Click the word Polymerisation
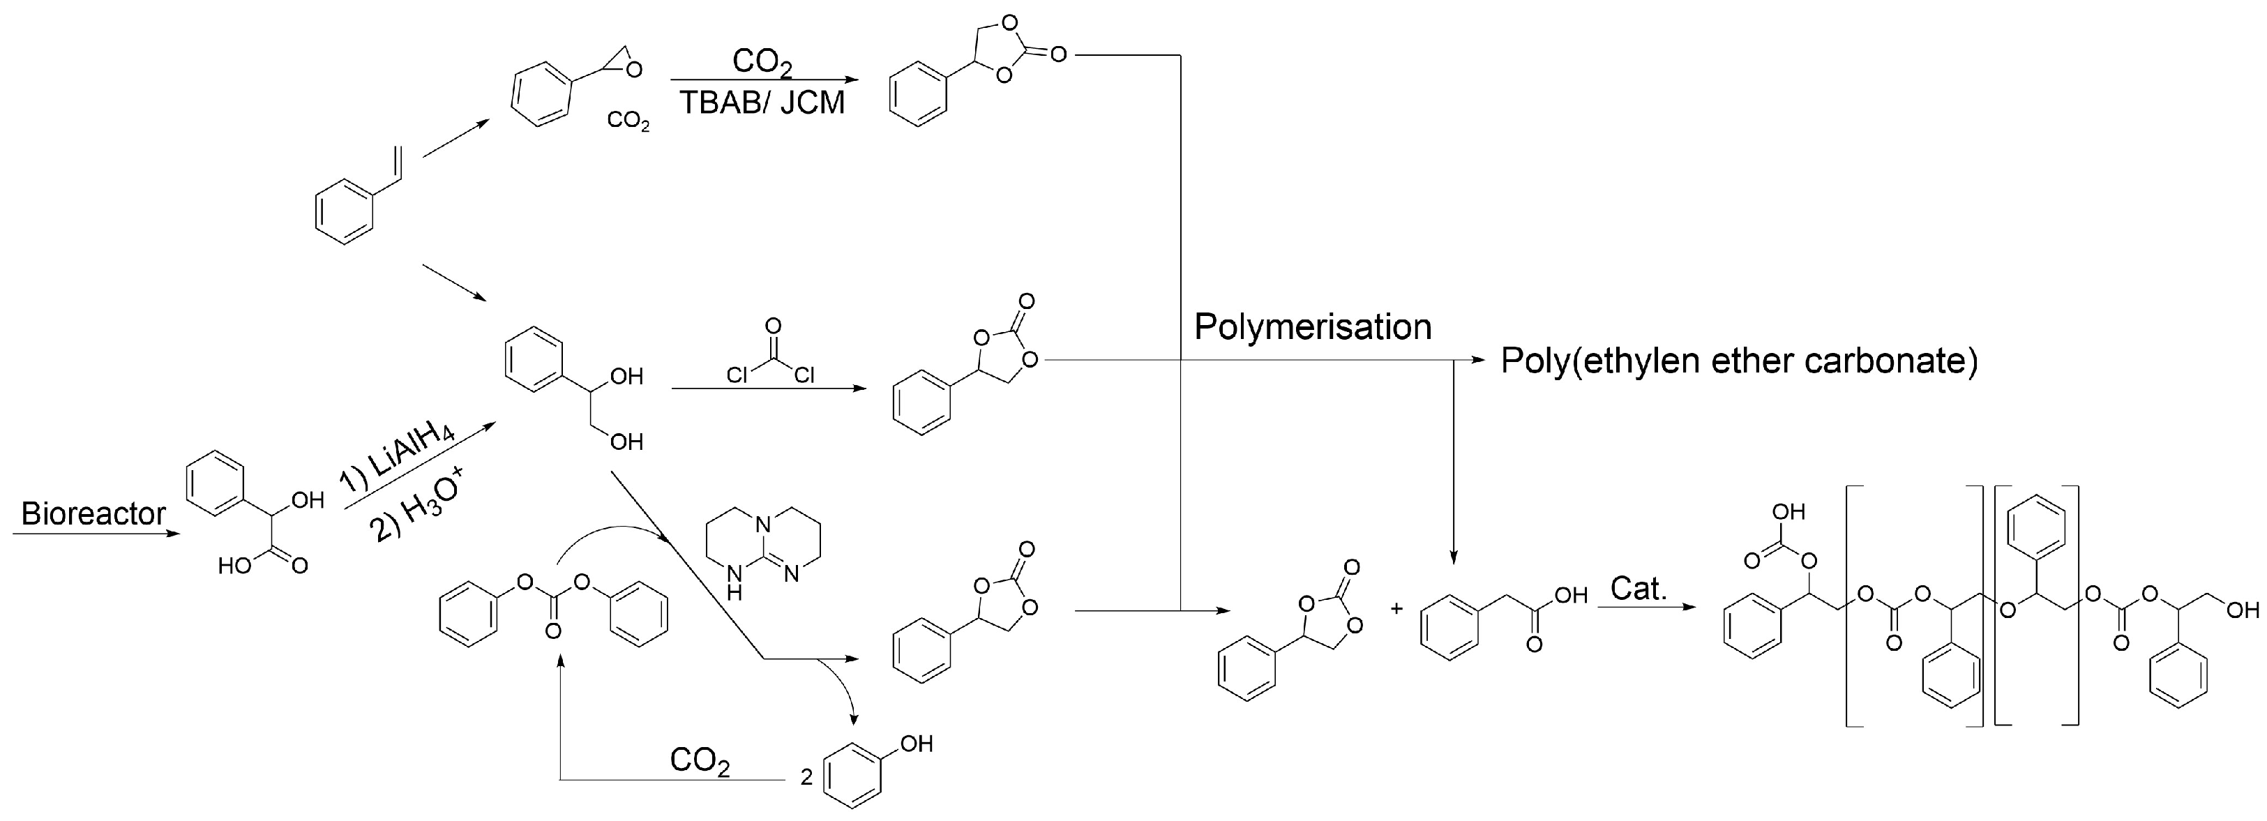coord(1312,327)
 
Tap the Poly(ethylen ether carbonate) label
coord(1739,361)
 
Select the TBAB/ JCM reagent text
coord(762,103)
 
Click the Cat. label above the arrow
coord(1639,589)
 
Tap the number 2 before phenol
coord(806,777)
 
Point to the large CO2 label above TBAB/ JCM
coord(762,63)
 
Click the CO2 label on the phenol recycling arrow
coord(700,761)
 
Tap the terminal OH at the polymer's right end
coord(2241,610)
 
